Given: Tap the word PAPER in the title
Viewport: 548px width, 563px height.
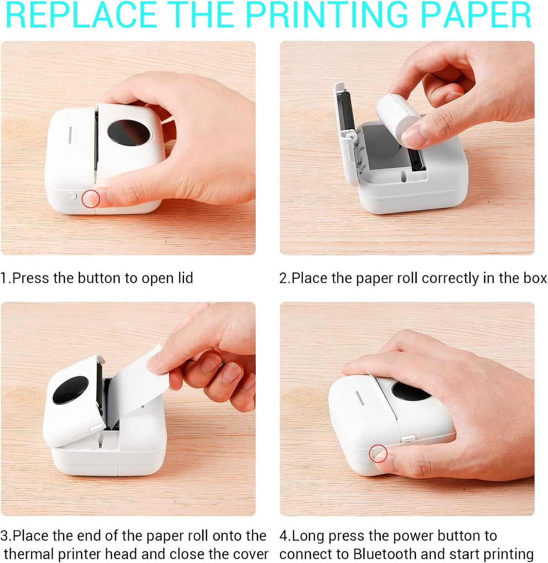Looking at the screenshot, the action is pyautogui.click(x=475, y=15).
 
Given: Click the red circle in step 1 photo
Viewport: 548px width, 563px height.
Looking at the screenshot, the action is pyautogui.click(x=91, y=199).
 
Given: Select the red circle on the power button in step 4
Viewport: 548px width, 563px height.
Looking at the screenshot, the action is pyautogui.click(x=378, y=454).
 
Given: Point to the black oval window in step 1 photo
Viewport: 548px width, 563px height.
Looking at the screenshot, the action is pyautogui.click(x=129, y=133).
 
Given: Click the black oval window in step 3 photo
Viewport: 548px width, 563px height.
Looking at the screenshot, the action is pyautogui.click(x=70, y=390).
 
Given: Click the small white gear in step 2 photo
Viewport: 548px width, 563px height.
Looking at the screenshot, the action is pyautogui.click(x=350, y=136).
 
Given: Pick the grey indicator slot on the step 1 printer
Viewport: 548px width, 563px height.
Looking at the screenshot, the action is pyautogui.click(x=70, y=134).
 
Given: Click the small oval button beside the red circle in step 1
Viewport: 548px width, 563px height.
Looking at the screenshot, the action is pyautogui.click(x=71, y=196).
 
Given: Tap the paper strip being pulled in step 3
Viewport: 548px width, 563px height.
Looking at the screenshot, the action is pyautogui.click(x=139, y=385).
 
